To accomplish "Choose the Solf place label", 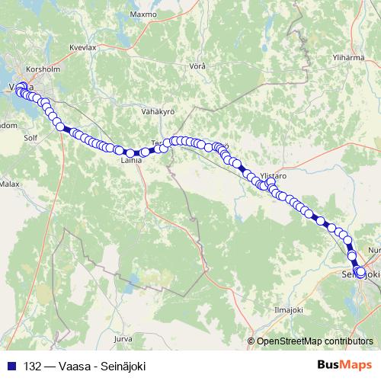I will coord(30,139).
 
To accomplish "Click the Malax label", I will coord(10,184).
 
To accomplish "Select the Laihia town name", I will coord(131,162).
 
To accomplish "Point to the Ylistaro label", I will coord(273,174).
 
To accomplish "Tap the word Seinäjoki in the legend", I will coord(124,365).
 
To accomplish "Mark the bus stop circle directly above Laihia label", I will coord(131,153).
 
